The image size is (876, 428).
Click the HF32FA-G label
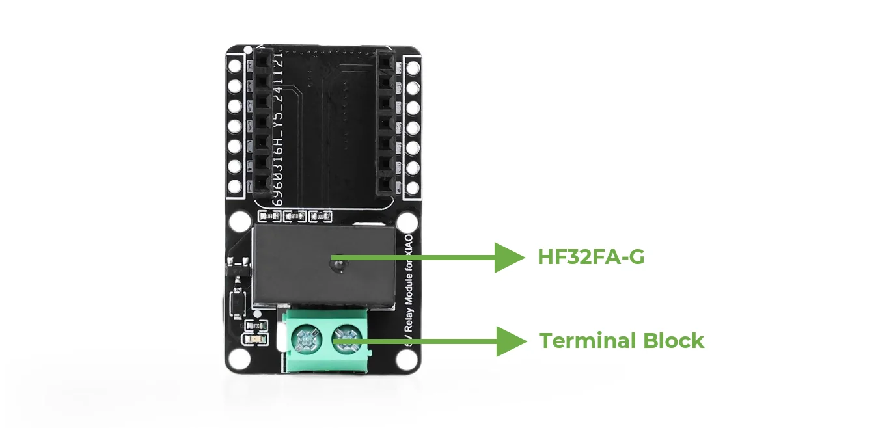[591, 258]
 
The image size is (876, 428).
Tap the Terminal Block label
[622, 341]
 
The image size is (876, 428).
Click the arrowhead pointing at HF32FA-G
[508, 258]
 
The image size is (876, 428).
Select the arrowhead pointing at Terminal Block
[510, 341]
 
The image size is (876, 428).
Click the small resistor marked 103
[267, 216]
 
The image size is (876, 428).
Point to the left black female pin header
[262, 124]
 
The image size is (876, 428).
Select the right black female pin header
[387, 124]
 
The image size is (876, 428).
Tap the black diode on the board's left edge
[237, 266]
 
